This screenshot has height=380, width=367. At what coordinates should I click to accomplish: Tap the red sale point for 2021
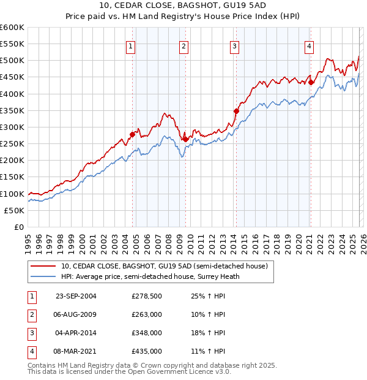click(x=311, y=82)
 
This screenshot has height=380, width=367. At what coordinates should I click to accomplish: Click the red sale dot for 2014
click(x=236, y=111)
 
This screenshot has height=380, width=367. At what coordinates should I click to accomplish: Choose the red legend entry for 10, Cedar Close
click(x=164, y=266)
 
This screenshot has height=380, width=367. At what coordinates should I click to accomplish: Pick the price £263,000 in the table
click(x=147, y=315)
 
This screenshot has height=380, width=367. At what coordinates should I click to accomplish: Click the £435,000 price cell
click(x=147, y=352)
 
